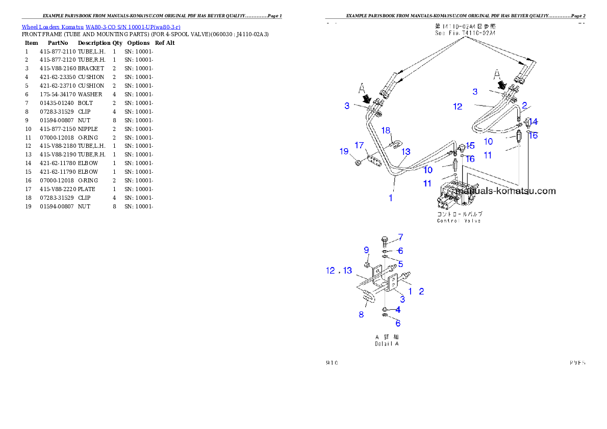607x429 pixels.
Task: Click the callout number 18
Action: [386, 130]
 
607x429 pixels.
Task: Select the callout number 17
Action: [360, 146]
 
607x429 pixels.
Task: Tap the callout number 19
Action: [344, 151]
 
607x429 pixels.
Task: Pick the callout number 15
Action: [470, 146]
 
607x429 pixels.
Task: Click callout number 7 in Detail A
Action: [400, 237]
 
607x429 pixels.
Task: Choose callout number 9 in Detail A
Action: [366, 250]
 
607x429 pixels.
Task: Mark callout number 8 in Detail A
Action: [361, 314]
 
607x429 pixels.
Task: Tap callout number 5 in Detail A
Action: [400, 264]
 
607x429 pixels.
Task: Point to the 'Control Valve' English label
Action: [459, 221]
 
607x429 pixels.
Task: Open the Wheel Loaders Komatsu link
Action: [100, 26]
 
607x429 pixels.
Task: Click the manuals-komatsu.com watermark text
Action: [505, 192]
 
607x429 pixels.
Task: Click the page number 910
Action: [332, 363]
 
